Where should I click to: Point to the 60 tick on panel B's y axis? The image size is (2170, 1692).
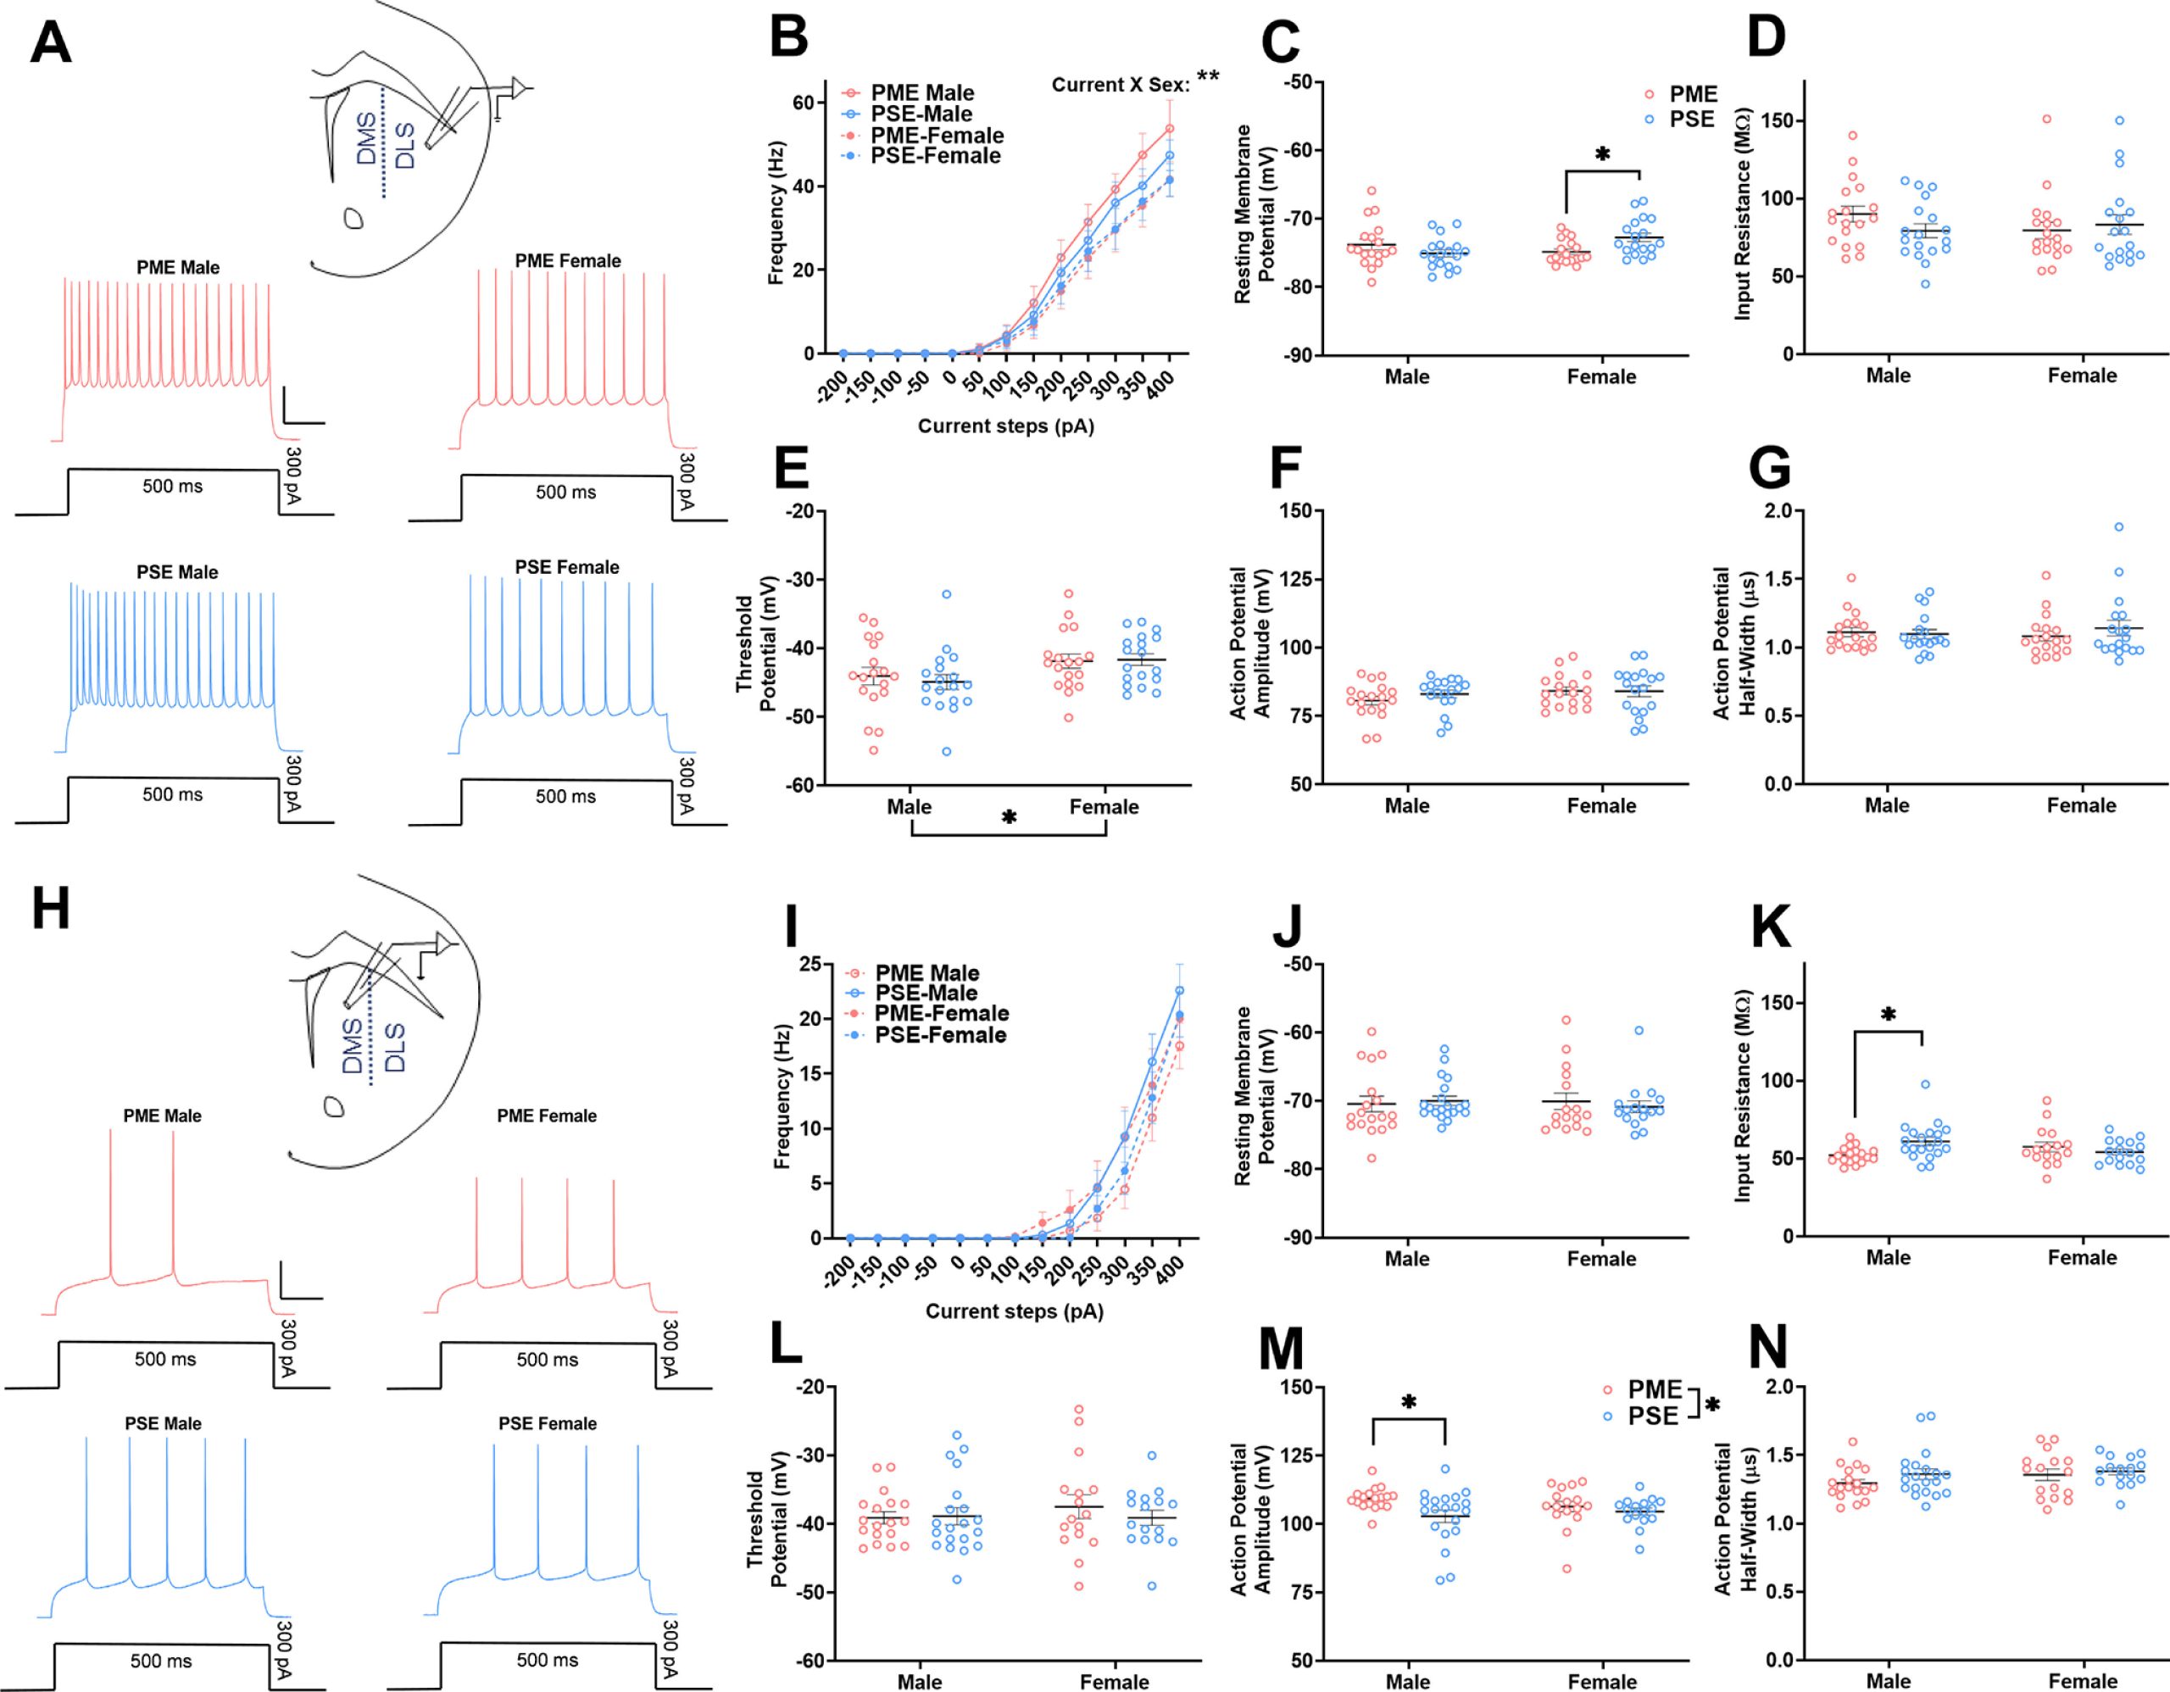803,103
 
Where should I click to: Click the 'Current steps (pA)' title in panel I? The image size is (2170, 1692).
1014,1311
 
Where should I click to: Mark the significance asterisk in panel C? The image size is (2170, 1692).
1602,155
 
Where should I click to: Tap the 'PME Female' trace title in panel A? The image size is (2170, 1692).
567,261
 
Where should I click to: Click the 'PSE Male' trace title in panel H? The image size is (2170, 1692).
163,1422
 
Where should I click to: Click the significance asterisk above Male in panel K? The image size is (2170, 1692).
1888,1015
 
